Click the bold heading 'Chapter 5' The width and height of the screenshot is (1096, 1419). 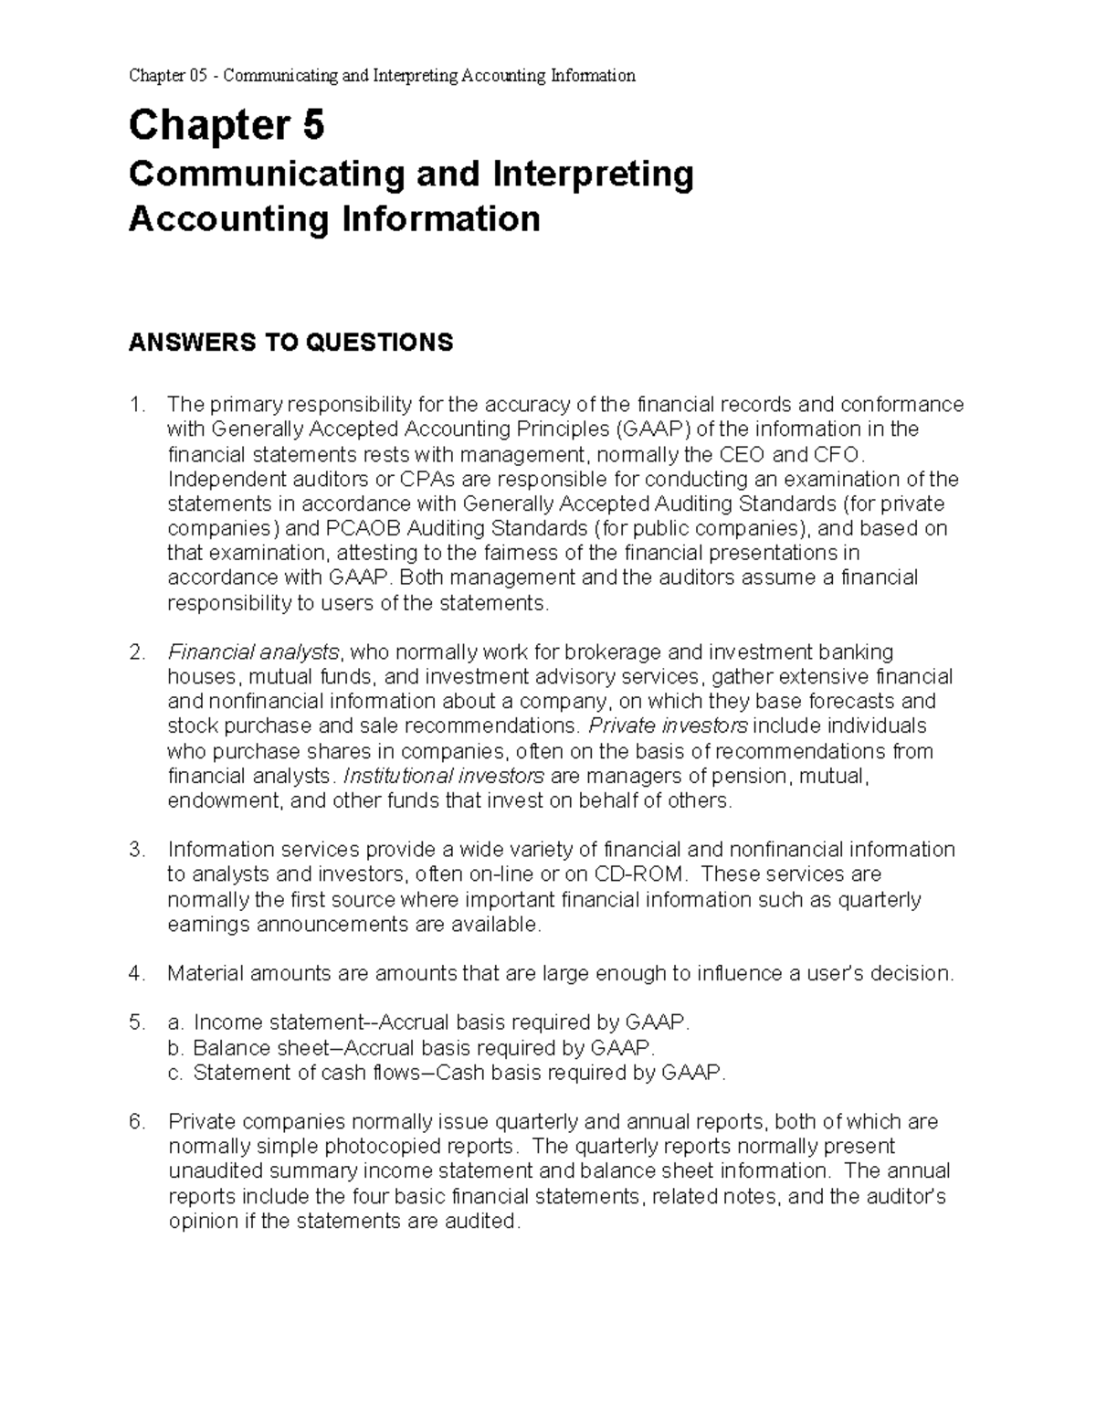(226, 126)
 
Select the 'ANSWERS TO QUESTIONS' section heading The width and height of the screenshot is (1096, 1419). (290, 343)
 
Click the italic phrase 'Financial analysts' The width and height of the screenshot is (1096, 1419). (253, 652)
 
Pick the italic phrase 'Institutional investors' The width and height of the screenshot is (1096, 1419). (443, 777)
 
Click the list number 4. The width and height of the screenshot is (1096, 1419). (136, 974)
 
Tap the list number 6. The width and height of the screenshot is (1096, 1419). (136, 1122)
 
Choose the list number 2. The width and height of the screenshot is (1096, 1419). (136, 652)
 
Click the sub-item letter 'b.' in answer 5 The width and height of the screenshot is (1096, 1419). (176, 1048)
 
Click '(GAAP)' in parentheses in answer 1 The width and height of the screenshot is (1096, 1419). (649, 429)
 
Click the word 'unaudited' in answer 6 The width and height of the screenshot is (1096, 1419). (209, 1171)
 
